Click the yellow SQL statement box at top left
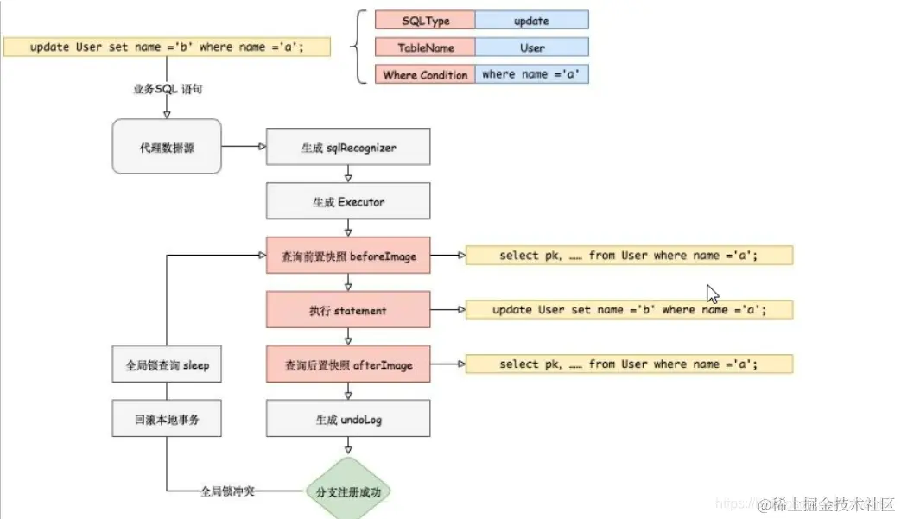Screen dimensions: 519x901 (167, 47)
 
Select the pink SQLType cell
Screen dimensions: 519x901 (425, 21)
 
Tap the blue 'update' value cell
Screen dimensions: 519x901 (531, 21)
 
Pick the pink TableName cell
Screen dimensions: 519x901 (425, 47)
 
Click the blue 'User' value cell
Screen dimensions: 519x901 (531, 47)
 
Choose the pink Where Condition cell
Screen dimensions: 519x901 (425, 75)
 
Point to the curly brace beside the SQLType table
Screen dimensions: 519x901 (358, 47)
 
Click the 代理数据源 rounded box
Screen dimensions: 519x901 (167, 148)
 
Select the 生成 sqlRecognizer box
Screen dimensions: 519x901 (348, 148)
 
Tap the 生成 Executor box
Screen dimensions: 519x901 (348, 201)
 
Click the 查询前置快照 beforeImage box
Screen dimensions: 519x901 (348, 256)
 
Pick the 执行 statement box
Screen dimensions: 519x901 (348, 309)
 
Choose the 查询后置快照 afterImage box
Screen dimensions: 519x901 (348, 365)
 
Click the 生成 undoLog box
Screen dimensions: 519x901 (348, 420)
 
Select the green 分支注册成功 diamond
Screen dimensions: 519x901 (348, 491)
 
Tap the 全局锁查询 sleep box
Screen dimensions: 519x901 (167, 365)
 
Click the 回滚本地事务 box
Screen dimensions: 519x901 (167, 420)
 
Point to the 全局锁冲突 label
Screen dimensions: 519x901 (227, 491)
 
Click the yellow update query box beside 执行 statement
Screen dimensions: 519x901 (629, 309)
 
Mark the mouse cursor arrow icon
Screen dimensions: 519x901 (713, 294)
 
